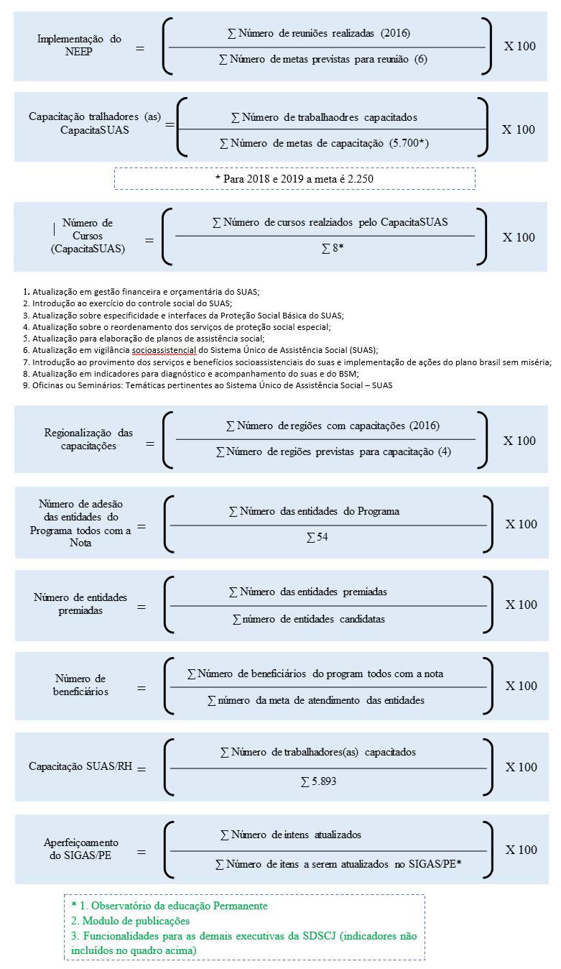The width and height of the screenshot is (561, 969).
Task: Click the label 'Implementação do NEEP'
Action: click(x=79, y=45)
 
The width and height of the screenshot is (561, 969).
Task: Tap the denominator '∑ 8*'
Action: click(x=333, y=249)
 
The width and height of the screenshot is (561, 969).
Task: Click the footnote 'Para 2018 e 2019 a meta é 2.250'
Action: click(x=295, y=178)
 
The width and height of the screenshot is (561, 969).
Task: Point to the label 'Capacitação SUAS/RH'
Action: click(x=80, y=766)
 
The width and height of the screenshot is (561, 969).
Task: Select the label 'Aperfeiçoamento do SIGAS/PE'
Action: click(x=81, y=849)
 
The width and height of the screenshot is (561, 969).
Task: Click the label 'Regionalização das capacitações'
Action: click(x=88, y=439)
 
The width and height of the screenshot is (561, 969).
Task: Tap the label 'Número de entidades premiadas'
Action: click(x=80, y=604)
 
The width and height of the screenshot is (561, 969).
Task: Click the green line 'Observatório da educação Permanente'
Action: click(x=175, y=906)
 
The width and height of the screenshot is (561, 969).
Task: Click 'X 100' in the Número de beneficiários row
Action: click(x=521, y=686)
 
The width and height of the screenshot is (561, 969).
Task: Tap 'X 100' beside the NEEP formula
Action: click(x=519, y=46)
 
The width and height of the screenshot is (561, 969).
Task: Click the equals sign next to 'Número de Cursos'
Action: click(x=149, y=239)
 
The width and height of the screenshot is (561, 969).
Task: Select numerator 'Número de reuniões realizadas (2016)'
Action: click(x=317, y=33)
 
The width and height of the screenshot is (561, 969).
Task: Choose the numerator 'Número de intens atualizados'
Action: click(x=290, y=835)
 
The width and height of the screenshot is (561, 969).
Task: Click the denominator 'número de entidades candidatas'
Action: click(x=309, y=619)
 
